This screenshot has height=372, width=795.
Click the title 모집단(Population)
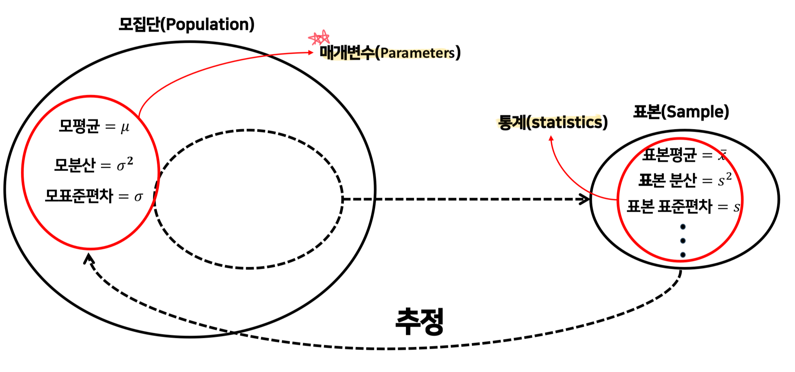[x=186, y=24]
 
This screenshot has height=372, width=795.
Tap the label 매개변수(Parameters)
[x=390, y=52]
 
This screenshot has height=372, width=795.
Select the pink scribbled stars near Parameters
[x=319, y=38]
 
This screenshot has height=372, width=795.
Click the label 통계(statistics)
[x=553, y=122]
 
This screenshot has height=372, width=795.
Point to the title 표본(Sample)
[x=681, y=112]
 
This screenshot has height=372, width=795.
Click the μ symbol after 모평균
[x=125, y=127]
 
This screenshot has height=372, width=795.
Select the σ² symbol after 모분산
[x=125, y=164]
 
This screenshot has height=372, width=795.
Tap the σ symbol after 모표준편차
[x=138, y=197]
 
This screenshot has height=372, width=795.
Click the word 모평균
[x=79, y=126]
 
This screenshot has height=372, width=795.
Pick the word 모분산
[x=75, y=165]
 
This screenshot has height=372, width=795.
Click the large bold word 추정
[x=419, y=322]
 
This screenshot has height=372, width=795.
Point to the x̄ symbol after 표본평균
[x=722, y=155]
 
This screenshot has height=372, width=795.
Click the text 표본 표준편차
[x=670, y=206]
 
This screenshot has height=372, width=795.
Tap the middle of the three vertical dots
[x=683, y=241]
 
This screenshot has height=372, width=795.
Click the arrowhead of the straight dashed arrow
[x=585, y=199]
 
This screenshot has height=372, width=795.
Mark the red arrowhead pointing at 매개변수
[x=311, y=52]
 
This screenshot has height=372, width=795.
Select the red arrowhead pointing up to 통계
[x=551, y=138]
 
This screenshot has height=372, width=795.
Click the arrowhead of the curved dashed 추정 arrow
[x=89, y=258]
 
